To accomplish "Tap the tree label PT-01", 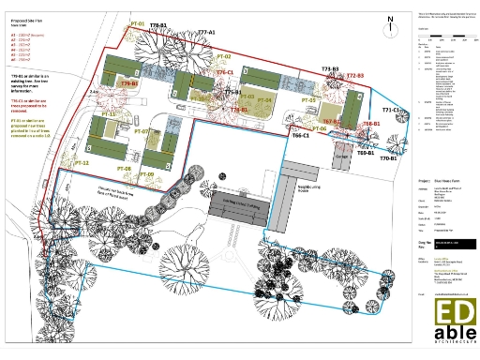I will click(x=138, y=22).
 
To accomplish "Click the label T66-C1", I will click(x=301, y=136).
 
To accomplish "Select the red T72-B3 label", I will click(x=354, y=75).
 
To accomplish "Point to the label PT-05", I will click(x=308, y=100).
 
